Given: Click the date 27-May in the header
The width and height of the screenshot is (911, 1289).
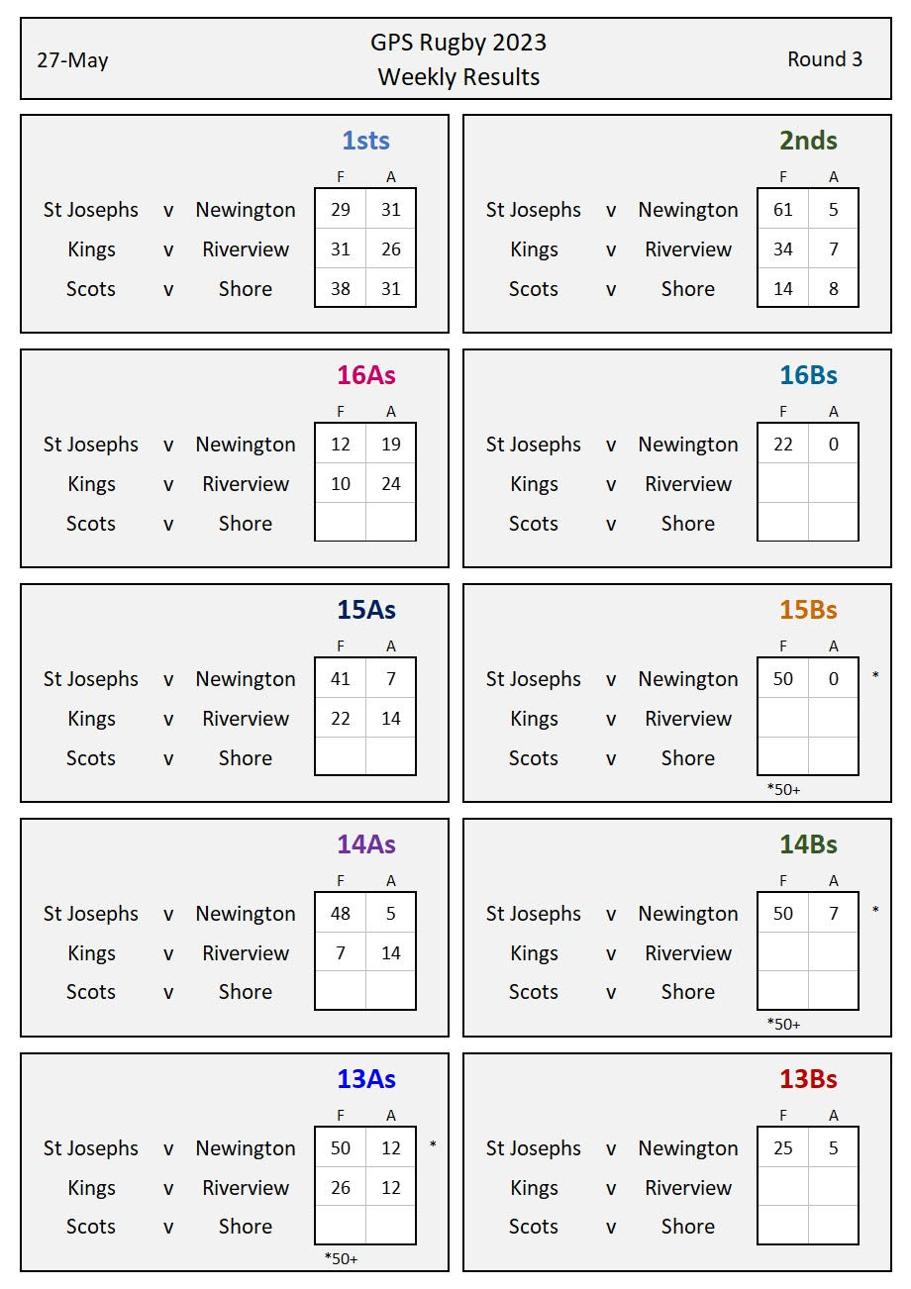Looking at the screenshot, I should click(72, 60).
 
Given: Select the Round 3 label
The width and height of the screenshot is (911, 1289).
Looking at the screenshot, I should click(824, 59).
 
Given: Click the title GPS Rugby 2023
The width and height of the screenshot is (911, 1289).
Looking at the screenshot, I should click(458, 43).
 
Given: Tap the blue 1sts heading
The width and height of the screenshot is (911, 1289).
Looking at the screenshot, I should click(365, 141).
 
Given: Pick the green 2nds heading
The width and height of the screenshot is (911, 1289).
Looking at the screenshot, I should click(808, 141).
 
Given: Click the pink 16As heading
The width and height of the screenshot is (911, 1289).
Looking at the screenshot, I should click(365, 375).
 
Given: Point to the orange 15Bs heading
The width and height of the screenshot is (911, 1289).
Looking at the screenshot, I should click(808, 610).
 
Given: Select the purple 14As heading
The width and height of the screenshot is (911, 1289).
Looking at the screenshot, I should click(365, 844).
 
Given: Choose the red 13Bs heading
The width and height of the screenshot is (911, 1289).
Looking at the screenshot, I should click(808, 1079).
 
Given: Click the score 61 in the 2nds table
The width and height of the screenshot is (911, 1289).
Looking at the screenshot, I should click(783, 210).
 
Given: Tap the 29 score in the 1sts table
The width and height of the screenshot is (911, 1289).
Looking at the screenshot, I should click(341, 210).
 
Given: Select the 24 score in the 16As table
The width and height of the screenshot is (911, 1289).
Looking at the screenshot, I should click(391, 484).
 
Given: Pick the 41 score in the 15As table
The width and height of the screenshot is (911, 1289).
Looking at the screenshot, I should click(341, 679).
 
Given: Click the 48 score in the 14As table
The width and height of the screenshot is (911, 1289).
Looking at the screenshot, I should click(341, 914).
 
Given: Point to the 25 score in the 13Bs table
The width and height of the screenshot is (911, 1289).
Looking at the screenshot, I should click(783, 1148).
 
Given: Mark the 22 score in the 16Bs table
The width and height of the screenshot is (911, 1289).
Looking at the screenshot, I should click(783, 445).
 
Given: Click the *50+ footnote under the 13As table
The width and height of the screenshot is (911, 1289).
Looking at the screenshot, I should click(341, 1258).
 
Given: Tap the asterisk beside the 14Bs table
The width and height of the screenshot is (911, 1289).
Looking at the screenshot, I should click(875, 910).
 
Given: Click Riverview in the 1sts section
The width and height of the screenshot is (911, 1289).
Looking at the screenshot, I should click(246, 249).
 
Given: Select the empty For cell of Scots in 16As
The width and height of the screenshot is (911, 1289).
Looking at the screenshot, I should click(341, 523).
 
